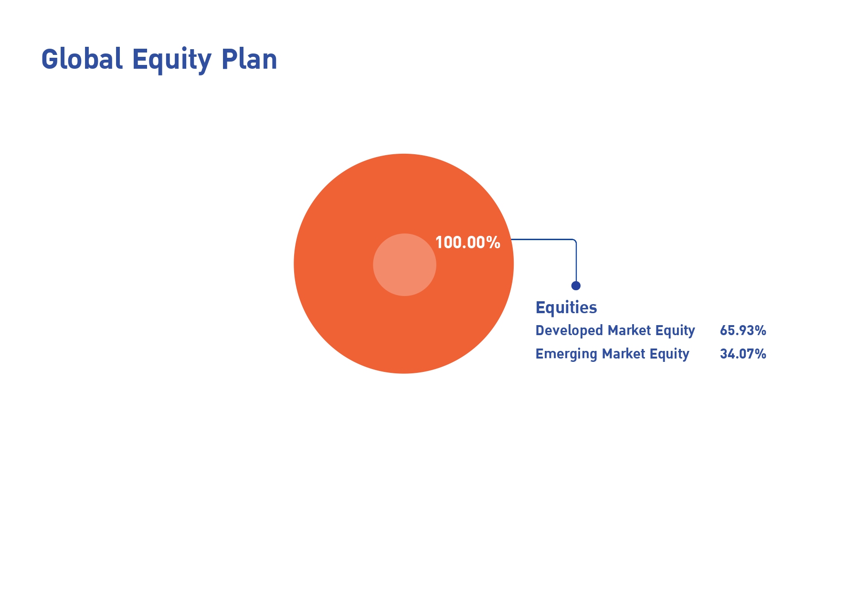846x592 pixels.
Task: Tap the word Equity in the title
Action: [172, 61]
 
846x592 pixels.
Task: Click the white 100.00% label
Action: [468, 243]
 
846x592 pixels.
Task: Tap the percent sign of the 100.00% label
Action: [493, 243]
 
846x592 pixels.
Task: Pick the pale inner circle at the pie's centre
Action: [404, 264]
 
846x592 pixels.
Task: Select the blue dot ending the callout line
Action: [576, 285]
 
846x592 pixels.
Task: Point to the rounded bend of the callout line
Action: [575, 241]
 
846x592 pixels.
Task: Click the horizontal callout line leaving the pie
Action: [541, 239]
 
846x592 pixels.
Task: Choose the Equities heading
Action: [566, 307]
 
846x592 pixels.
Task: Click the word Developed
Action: [569, 330]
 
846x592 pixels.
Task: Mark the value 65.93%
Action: [743, 330]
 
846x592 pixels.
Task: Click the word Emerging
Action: [566, 354]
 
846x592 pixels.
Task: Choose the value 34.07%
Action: [743, 354]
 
